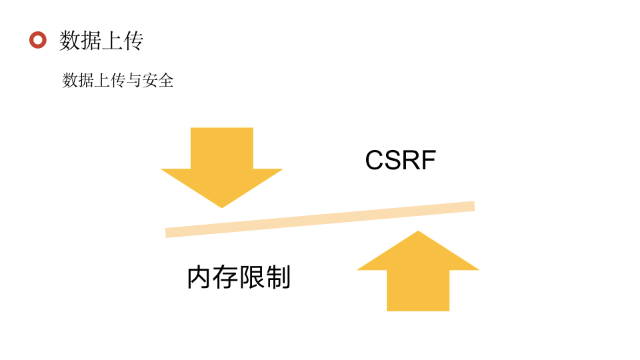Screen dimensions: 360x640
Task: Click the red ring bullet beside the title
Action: (38, 41)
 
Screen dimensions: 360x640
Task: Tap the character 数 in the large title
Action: (70, 41)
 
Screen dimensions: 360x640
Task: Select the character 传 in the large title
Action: (133, 41)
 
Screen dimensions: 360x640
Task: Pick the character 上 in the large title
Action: (112, 41)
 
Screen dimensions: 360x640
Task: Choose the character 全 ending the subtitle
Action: (165, 81)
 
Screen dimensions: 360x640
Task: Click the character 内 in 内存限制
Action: (199, 278)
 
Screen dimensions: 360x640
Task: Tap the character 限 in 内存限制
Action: (251, 278)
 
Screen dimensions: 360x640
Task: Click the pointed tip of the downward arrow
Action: (222, 206)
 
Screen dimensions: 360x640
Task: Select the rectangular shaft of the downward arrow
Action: (222, 148)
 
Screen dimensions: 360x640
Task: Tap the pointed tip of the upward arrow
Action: (418, 233)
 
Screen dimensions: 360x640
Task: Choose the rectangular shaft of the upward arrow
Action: (418, 291)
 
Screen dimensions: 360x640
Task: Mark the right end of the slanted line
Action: (472, 206)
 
